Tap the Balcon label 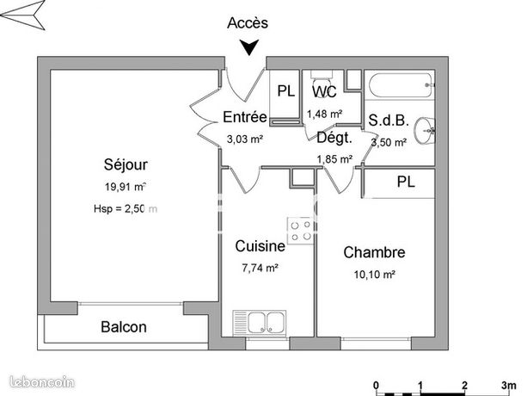(124, 327)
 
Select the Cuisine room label (260, 247)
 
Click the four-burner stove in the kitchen (300, 229)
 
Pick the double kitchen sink (267, 323)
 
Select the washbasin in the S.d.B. (426, 132)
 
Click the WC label (324, 91)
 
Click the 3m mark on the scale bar (509, 385)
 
